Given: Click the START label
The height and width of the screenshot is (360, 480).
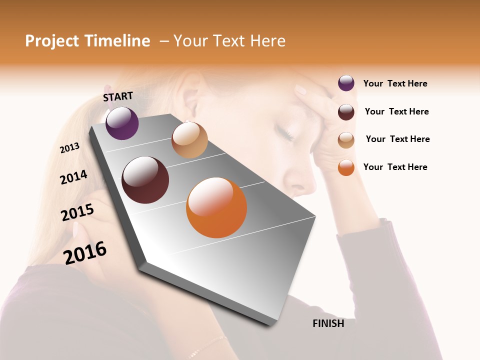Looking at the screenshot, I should (x=118, y=96).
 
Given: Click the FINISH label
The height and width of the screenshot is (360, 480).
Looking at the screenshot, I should (x=328, y=323).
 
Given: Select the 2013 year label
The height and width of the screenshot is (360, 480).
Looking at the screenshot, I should (x=69, y=148).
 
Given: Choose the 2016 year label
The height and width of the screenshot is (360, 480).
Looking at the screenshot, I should (x=85, y=252).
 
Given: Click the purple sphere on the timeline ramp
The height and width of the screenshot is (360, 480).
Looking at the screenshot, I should (x=122, y=123).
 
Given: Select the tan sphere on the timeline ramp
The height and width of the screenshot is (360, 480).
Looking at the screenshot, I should (x=189, y=140).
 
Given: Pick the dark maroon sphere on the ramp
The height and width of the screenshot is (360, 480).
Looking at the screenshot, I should (x=145, y=180).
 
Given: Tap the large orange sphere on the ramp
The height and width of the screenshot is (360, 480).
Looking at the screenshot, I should (x=216, y=207).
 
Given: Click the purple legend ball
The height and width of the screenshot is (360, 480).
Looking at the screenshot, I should (x=346, y=83).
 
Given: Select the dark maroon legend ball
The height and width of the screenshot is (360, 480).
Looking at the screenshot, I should (x=346, y=112).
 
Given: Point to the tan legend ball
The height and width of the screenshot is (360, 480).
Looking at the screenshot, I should (x=346, y=140).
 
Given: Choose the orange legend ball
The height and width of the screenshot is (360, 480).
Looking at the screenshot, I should (x=346, y=167).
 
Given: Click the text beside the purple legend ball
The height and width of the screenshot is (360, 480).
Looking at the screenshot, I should (x=395, y=84).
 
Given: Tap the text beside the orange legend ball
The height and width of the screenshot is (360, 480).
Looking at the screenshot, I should (x=395, y=167).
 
